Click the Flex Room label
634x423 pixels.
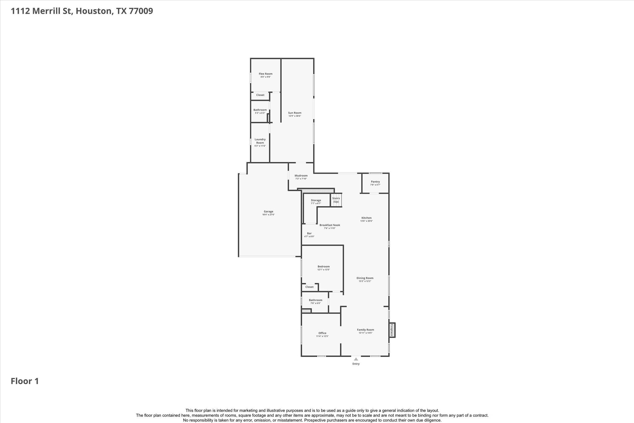pyautogui.click(x=266, y=74)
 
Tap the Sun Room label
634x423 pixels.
pyautogui.click(x=295, y=113)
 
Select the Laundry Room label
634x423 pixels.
pyautogui.click(x=260, y=141)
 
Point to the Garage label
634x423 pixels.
pyautogui.click(x=268, y=212)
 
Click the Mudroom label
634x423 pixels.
pyautogui.click(x=301, y=176)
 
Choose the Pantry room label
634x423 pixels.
pyautogui.click(x=375, y=182)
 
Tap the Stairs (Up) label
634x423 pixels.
pyautogui.click(x=336, y=200)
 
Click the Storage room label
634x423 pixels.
pyautogui.click(x=316, y=200)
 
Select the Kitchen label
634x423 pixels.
pyautogui.click(x=366, y=218)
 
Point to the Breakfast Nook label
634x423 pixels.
pyautogui.click(x=330, y=225)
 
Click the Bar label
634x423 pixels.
pyautogui.click(x=309, y=233)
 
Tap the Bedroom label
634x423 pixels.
pyautogui.click(x=324, y=267)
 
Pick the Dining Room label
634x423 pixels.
pyautogui.click(x=365, y=278)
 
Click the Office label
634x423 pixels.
pyautogui.click(x=322, y=333)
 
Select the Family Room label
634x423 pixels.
pyautogui.click(x=365, y=330)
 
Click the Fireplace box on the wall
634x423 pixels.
pyautogui.click(x=392, y=330)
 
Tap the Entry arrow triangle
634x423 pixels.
pyautogui.click(x=356, y=359)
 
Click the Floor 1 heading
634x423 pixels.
pyautogui.click(x=25, y=381)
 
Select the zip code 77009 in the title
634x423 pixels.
pyautogui.click(x=141, y=11)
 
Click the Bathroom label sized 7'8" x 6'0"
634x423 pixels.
pyautogui.click(x=315, y=300)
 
